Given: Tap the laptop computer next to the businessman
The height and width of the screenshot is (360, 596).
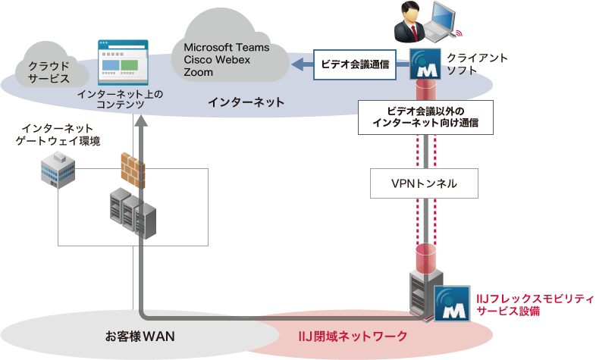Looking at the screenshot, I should [x=443, y=21].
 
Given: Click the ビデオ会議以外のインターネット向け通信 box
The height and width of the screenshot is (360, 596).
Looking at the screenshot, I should [x=426, y=117].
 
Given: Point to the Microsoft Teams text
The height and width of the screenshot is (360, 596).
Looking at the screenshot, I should [x=221, y=48].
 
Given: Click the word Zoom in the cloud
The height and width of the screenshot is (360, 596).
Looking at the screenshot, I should [x=198, y=73].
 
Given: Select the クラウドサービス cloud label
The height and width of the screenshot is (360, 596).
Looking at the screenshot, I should [x=49, y=71].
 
